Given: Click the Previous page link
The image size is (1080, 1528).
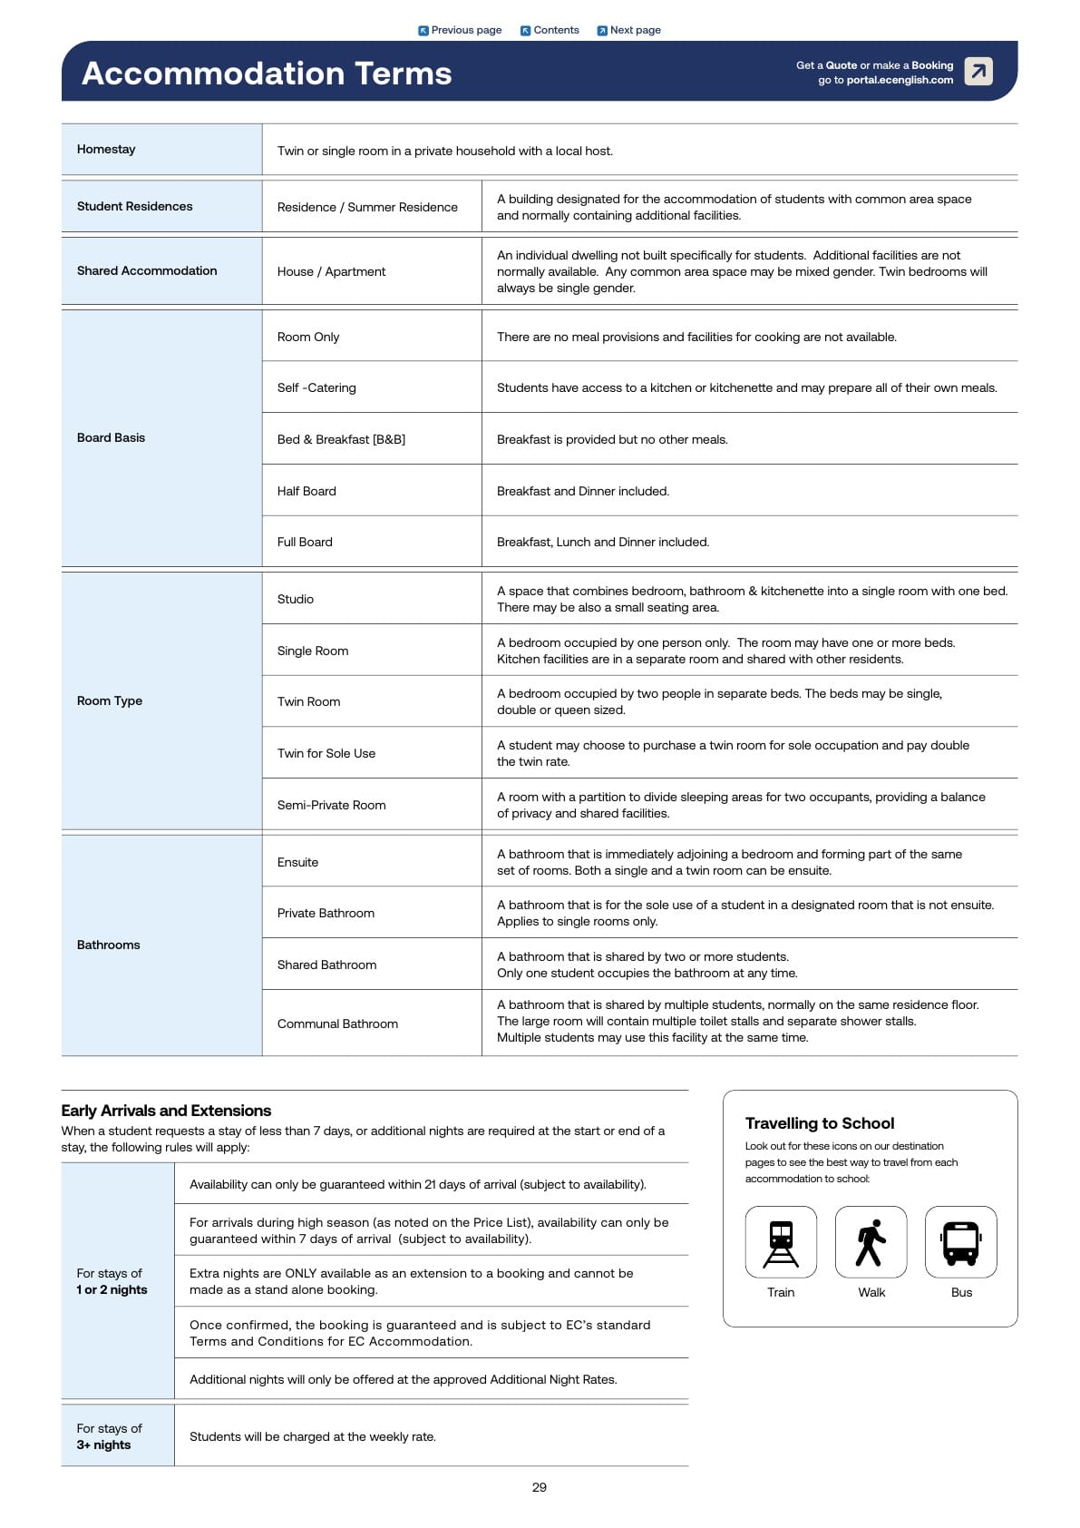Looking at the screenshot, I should [x=460, y=30].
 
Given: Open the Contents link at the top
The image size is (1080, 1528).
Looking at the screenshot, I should [x=550, y=30].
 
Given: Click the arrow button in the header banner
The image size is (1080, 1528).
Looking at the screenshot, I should [x=978, y=71].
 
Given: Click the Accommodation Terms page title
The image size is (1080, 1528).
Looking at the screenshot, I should [x=267, y=73].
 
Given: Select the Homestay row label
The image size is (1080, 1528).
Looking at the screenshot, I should [x=106, y=150].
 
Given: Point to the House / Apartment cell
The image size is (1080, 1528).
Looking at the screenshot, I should [x=331, y=271].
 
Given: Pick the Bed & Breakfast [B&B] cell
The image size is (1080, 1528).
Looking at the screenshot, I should [x=341, y=439].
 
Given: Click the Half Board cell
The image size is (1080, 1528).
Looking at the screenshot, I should [x=306, y=491].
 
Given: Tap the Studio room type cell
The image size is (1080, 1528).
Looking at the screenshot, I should [x=296, y=599].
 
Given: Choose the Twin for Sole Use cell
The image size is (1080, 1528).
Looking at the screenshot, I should [x=326, y=753].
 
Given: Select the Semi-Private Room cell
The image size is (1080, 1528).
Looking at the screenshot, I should [x=331, y=805].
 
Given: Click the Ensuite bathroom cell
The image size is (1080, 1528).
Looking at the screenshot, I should [x=297, y=862].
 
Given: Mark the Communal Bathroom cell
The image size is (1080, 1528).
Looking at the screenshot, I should [x=337, y=1024].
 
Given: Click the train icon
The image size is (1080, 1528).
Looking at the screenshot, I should [x=781, y=1242].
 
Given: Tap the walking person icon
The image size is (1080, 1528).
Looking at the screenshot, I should [x=871, y=1242].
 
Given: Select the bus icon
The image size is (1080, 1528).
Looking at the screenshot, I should [x=961, y=1242].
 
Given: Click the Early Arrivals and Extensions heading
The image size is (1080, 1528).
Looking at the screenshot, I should [x=166, y=1111].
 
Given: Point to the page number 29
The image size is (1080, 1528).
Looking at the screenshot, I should [x=540, y=1487].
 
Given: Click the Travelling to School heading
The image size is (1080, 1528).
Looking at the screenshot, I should [x=820, y=1123].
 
